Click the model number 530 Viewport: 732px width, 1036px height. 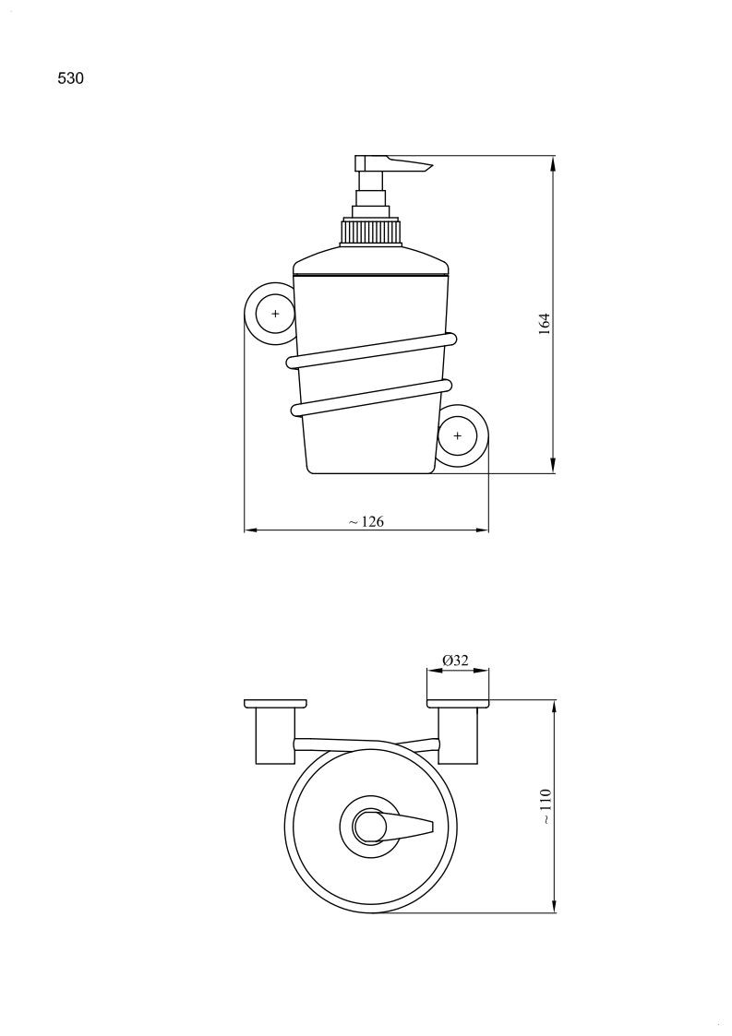pos(71,78)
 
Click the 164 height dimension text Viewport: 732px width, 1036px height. pos(545,324)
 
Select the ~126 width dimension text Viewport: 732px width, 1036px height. pos(366,521)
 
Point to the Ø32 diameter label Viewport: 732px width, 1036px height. pos(456,660)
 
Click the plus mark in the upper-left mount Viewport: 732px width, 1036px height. pos(276,314)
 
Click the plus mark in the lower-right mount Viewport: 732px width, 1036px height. pos(457,435)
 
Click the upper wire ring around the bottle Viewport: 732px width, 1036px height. pos(372,351)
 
